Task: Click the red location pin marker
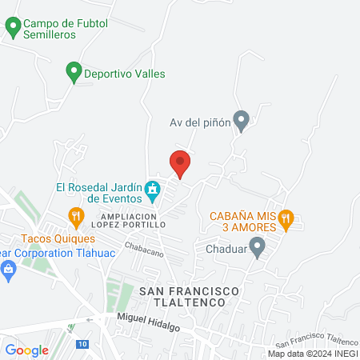pos(180,163)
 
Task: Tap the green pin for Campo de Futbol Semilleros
pos(13,28)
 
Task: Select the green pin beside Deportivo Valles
pos(74,73)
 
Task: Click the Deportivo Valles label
pos(126,74)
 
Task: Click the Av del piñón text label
pos(200,122)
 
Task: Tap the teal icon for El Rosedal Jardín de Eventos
pos(152,191)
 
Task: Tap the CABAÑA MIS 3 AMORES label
pos(243,222)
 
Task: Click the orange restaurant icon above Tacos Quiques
pos(75,216)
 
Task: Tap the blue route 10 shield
pos(82,344)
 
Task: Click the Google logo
pos(26,350)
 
